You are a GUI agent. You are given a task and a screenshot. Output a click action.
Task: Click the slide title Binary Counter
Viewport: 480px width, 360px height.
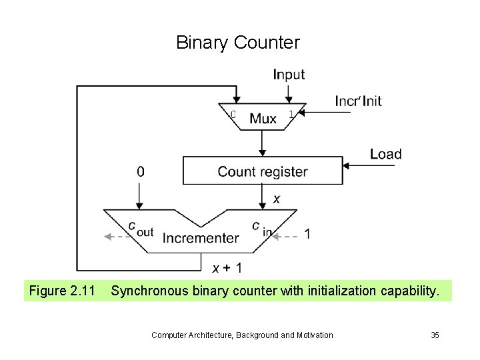tap(238, 43)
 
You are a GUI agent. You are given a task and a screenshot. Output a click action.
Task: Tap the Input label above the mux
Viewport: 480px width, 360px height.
tap(289, 75)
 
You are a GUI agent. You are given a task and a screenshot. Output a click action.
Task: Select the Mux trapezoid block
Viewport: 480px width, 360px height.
tap(263, 118)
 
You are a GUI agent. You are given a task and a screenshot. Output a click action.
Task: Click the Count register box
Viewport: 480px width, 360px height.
tap(262, 171)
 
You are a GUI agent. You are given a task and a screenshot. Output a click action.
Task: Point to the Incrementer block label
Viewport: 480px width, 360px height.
tap(201, 238)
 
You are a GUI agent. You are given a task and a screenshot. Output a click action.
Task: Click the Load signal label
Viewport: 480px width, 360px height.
tap(386, 154)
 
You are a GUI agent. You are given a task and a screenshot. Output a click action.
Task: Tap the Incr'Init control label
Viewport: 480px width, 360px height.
tap(358, 101)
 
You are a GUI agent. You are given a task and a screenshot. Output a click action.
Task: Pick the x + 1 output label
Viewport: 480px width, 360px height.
tap(227, 268)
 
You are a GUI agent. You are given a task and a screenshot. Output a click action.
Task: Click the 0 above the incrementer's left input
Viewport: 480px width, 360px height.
tap(140, 171)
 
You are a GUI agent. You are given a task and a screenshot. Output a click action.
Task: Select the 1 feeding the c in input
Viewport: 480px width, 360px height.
tap(307, 234)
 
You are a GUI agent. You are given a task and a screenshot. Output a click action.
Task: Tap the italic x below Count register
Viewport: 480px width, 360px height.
tap(276, 199)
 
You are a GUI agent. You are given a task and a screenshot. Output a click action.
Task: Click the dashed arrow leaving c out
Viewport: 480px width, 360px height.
tap(116, 235)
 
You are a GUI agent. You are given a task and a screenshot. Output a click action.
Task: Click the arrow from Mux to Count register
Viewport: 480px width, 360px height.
tap(263, 143)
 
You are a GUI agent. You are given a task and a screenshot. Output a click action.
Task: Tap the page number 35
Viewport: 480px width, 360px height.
tap(435, 335)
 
